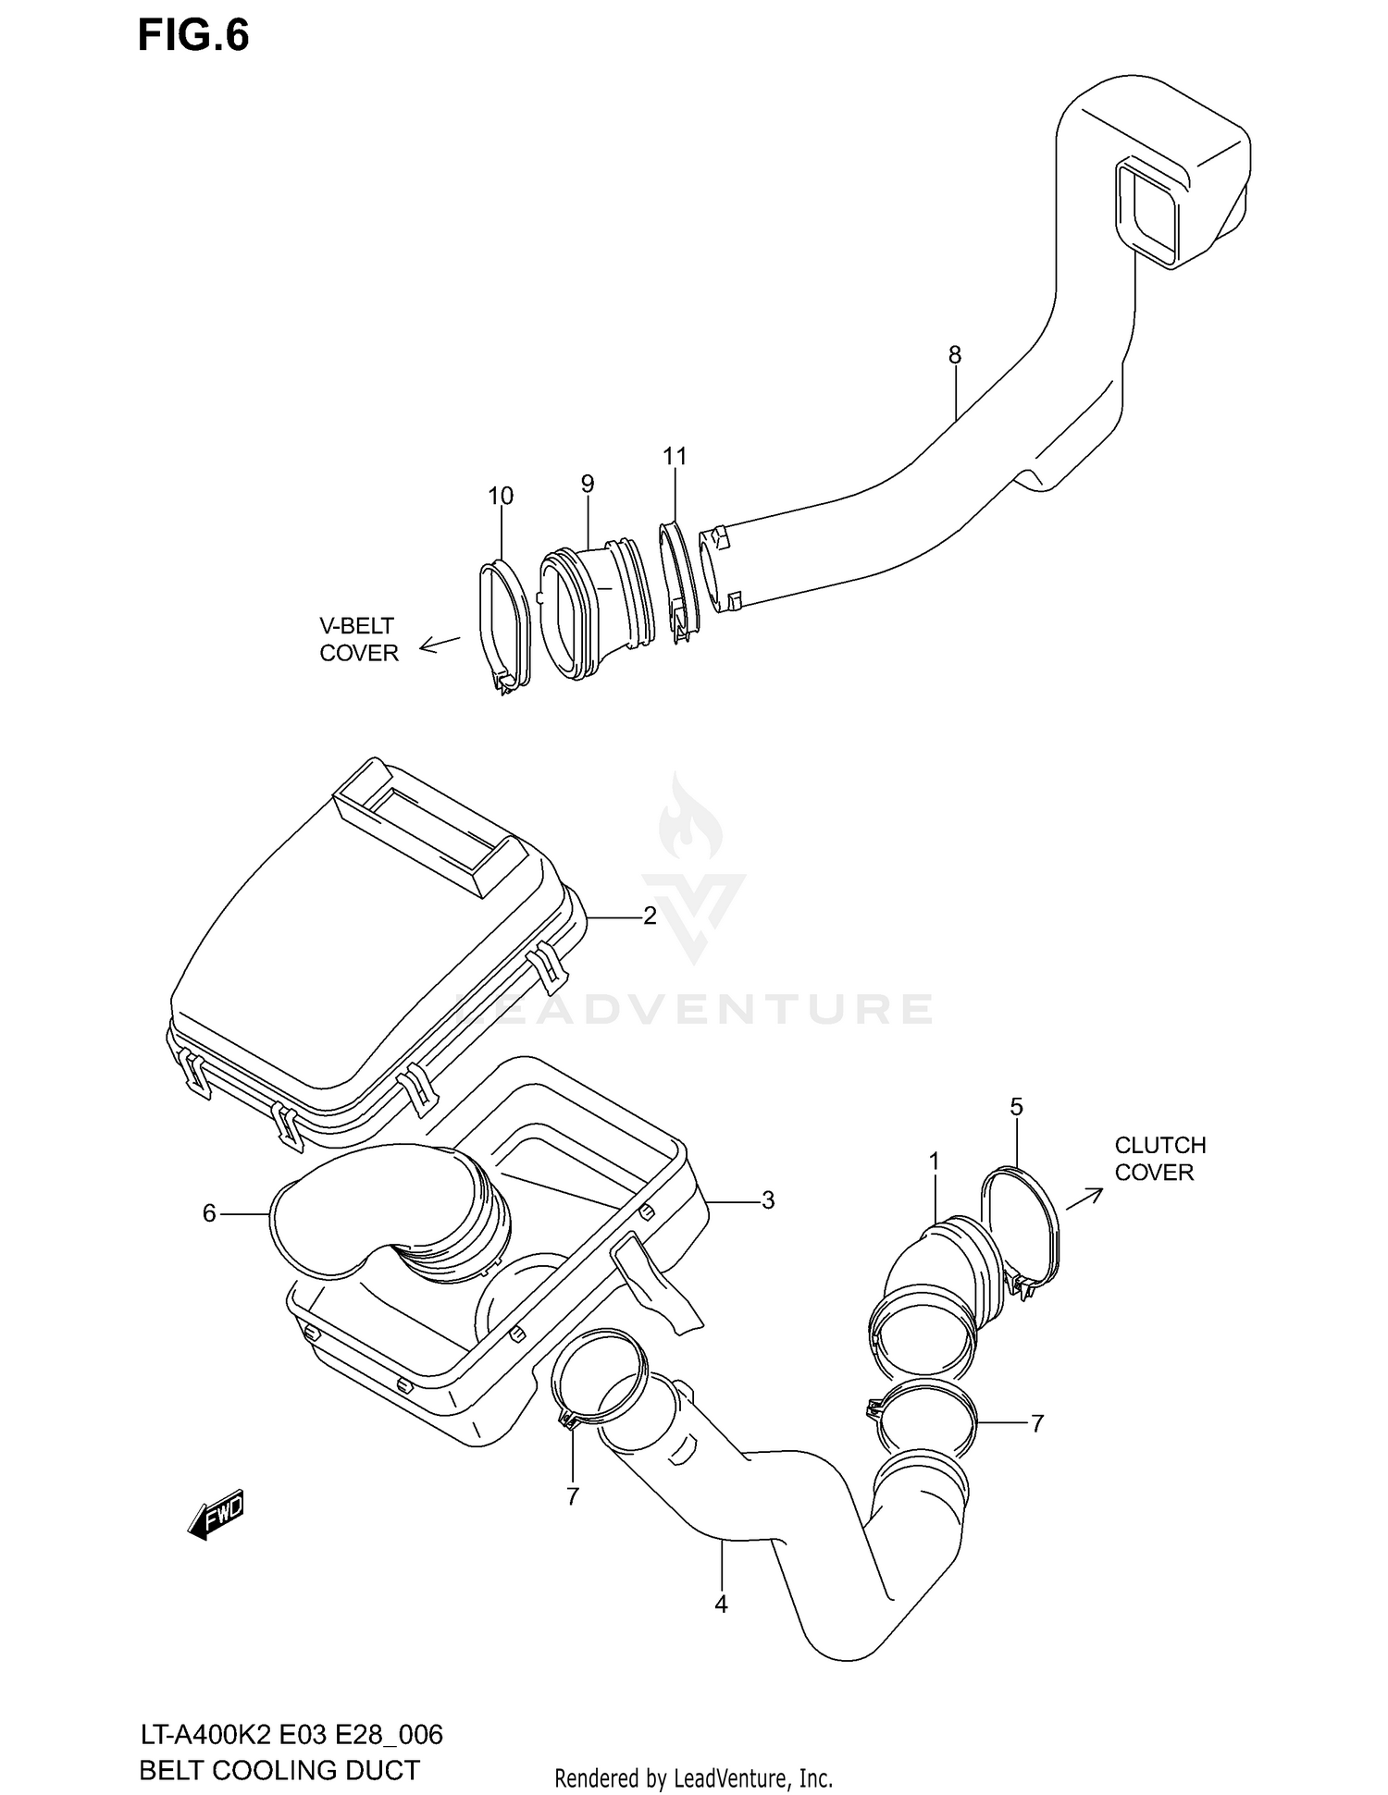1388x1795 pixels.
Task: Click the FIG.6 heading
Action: [193, 36]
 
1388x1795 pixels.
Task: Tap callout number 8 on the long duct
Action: [954, 354]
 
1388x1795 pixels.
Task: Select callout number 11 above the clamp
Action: [675, 456]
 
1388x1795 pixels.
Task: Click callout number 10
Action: [501, 496]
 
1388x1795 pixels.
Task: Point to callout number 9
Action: [588, 483]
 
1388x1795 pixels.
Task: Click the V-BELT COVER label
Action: [358, 640]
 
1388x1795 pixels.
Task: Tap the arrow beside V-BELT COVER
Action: [440, 644]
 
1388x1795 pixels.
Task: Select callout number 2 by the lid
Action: [650, 916]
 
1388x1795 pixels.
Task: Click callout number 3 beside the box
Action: [767, 1200]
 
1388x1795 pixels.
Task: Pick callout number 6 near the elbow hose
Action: [209, 1212]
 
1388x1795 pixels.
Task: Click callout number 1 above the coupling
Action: [935, 1161]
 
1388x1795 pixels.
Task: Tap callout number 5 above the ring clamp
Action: [1016, 1106]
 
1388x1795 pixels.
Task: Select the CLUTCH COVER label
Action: [1159, 1159]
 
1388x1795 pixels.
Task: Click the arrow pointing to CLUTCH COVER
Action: [1084, 1197]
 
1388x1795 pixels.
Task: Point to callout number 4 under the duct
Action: [721, 1604]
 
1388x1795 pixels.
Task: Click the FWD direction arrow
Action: [216, 1515]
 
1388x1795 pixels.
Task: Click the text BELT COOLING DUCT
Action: [279, 1770]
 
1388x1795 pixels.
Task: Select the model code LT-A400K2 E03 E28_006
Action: [291, 1735]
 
